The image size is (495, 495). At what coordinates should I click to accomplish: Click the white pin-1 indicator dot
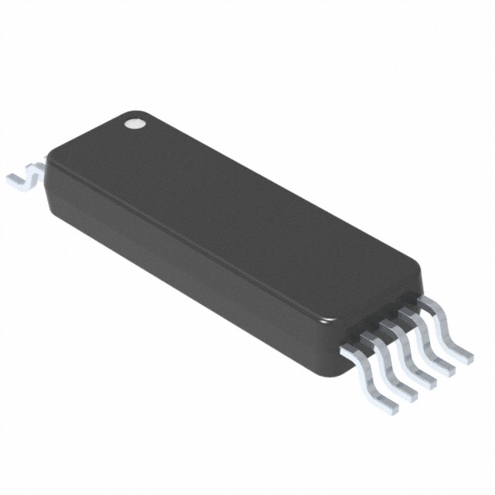(x=135, y=121)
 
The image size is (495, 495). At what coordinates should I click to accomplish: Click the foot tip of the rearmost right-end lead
(x=464, y=358)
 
